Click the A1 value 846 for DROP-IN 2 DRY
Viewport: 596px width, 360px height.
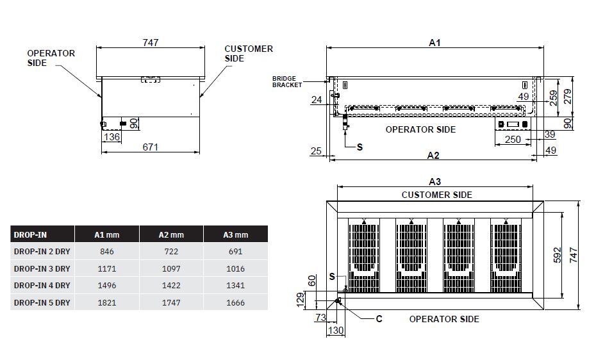(x=107, y=251)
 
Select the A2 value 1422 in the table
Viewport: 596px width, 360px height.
(x=171, y=285)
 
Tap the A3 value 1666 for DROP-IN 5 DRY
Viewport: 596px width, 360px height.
(x=235, y=302)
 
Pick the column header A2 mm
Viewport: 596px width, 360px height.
(x=171, y=234)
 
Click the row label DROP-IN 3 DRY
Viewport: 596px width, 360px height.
(x=42, y=268)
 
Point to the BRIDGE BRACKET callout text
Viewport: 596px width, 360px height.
(x=287, y=81)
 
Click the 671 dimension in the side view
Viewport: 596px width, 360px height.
(x=151, y=147)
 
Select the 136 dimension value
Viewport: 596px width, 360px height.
(x=112, y=136)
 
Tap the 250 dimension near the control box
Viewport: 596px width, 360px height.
(x=513, y=140)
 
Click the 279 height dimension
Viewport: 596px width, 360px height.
(x=567, y=97)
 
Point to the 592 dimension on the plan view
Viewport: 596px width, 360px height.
(x=558, y=255)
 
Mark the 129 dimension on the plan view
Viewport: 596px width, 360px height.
(x=301, y=300)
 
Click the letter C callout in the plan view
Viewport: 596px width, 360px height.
(x=379, y=318)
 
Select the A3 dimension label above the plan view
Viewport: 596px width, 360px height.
(x=435, y=181)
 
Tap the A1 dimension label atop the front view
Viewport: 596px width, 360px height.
(x=435, y=42)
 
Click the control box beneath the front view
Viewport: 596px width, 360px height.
(x=513, y=124)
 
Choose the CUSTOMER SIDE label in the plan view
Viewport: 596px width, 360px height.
(x=436, y=195)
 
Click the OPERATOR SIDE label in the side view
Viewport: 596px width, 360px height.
(x=51, y=58)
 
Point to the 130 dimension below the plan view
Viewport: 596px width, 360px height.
(x=336, y=331)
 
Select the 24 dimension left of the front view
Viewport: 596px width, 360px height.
(x=317, y=99)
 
